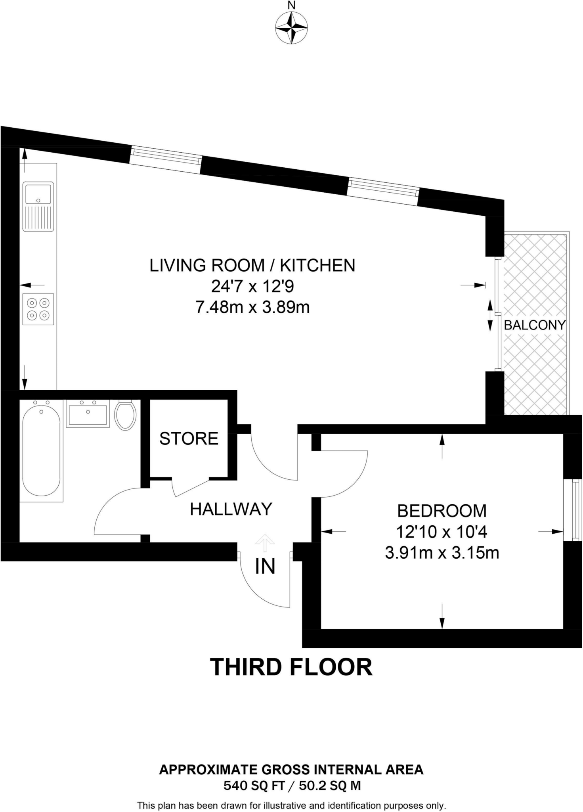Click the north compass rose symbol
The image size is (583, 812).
coord(291,28)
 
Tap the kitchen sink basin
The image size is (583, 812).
coord(38,194)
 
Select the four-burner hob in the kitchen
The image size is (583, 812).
coord(38,309)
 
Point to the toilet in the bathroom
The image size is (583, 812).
coord(125,415)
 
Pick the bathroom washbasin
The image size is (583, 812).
coord(88,414)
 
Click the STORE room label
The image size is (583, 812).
coord(189,439)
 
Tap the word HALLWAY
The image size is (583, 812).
coord(231,509)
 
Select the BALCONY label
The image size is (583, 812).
coord(534,325)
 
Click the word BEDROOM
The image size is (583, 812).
coord(442,511)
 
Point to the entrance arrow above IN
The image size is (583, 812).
coord(265,543)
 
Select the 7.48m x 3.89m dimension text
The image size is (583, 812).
coord(252,307)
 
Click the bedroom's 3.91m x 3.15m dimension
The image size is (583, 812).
coord(442,552)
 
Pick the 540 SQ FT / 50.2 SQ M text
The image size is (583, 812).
coord(292,785)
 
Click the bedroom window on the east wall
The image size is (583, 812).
coord(573,509)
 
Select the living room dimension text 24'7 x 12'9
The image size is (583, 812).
coord(252,286)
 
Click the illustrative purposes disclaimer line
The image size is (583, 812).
coord(292,805)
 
